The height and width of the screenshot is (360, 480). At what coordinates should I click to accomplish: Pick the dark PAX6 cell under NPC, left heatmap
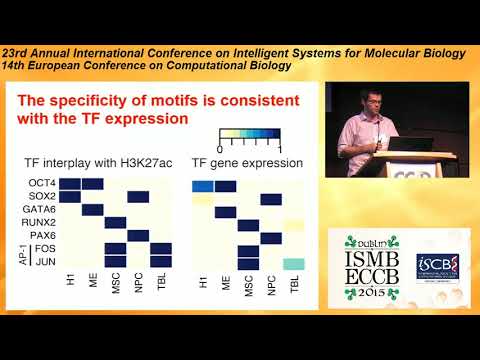click(x=139, y=235)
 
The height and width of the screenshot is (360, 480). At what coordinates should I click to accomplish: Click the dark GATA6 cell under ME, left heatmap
click(x=93, y=209)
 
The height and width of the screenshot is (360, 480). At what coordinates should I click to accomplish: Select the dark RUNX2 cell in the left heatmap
click(x=116, y=222)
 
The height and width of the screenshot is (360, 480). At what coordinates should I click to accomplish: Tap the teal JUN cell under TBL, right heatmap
click(x=294, y=263)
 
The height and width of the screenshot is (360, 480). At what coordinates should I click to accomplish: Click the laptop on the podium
click(x=411, y=144)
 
